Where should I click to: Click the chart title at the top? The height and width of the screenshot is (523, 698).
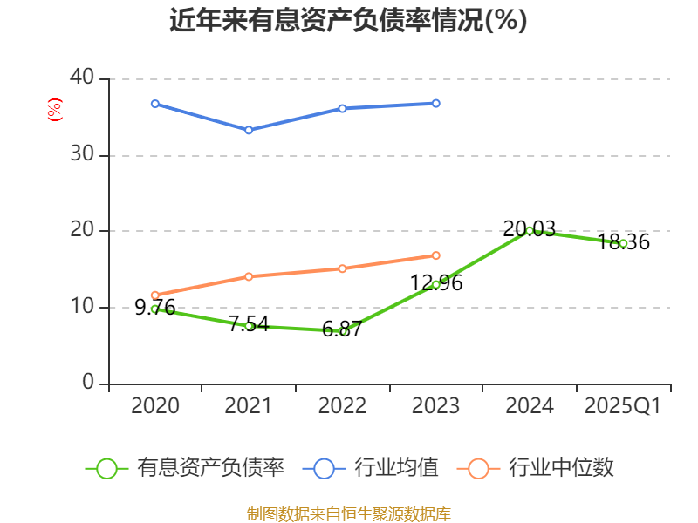coord(348,20)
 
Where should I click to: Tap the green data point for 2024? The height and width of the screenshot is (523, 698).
coord(530,230)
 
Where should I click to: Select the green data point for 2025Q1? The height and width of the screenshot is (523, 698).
coord(623,243)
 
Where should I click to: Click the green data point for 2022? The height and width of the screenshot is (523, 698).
coord(343,331)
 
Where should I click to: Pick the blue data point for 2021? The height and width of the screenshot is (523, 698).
coord(249,130)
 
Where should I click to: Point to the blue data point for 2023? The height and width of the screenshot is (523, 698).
coord(436,103)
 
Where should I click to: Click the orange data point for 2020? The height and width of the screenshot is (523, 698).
coord(155,295)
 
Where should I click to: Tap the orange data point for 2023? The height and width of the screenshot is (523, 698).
coord(436,255)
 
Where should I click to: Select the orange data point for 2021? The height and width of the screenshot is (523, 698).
coord(249,276)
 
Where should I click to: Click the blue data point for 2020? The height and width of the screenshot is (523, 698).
coord(155,104)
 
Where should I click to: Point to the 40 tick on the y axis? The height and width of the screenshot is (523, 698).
coord(82,78)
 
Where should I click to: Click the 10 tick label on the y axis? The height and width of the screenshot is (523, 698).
coord(82,307)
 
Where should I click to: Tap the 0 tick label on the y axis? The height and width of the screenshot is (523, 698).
coord(88,383)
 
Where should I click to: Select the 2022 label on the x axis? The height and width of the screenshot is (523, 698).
coord(342,406)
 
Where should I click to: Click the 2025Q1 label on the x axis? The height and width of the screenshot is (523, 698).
coord(622,406)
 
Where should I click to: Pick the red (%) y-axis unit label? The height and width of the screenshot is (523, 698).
coord(54,111)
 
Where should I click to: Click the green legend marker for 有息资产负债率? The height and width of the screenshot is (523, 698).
coord(106,468)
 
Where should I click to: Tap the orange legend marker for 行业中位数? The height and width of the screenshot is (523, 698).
coord(478,468)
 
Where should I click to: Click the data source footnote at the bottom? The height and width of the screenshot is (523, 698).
coord(348,513)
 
